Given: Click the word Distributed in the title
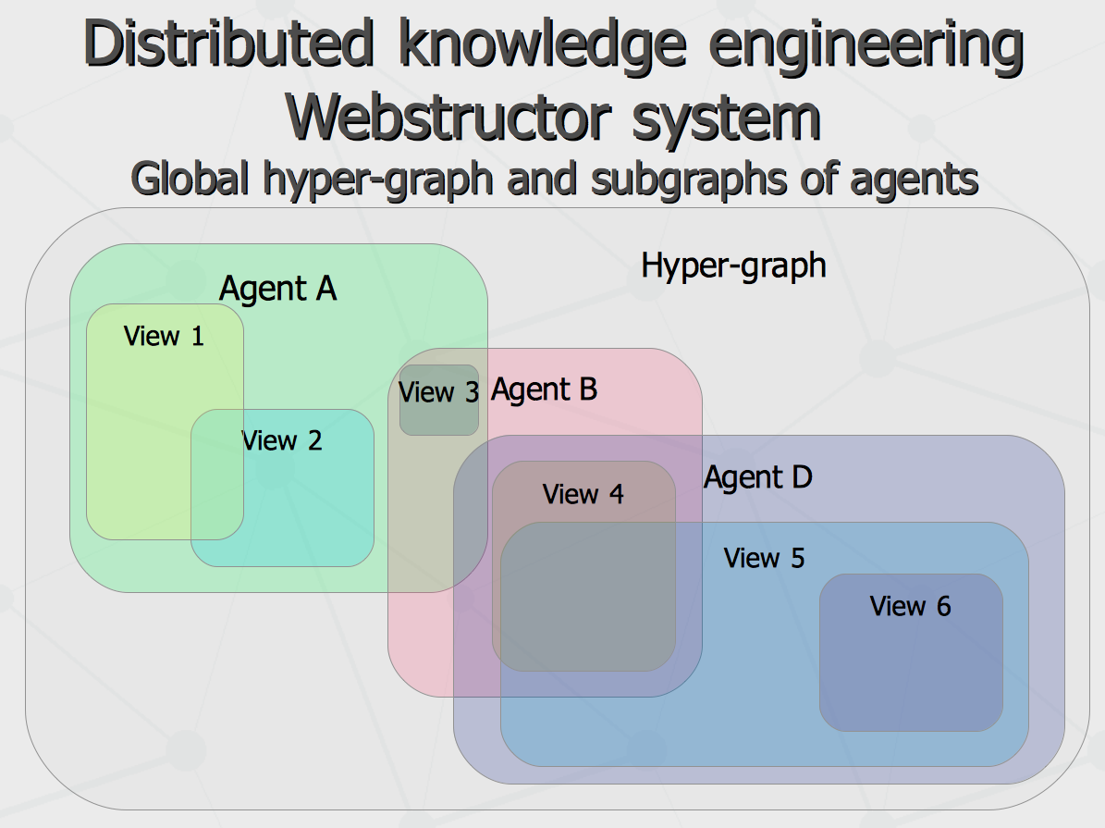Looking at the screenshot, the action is (x=228, y=43).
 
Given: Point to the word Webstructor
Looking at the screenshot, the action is (x=448, y=117).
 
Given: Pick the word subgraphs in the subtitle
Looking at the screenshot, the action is (x=688, y=180).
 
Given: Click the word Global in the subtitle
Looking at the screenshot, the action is (x=190, y=178).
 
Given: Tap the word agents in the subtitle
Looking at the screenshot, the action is (x=914, y=182).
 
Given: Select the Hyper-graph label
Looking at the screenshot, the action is (x=733, y=266).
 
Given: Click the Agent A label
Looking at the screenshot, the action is (x=277, y=290).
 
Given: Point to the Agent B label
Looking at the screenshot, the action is (x=544, y=390).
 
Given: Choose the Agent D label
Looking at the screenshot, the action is (x=758, y=477).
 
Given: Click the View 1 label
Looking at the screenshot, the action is (x=164, y=337).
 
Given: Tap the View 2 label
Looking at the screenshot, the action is (x=282, y=441).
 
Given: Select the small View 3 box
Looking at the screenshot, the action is (x=439, y=400).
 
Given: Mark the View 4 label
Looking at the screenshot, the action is (x=583, y=494).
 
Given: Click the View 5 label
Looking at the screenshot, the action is (x=764, y=559).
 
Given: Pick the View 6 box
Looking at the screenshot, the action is (x=911, y=652).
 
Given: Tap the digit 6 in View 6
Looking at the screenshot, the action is (x=943, y=607).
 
